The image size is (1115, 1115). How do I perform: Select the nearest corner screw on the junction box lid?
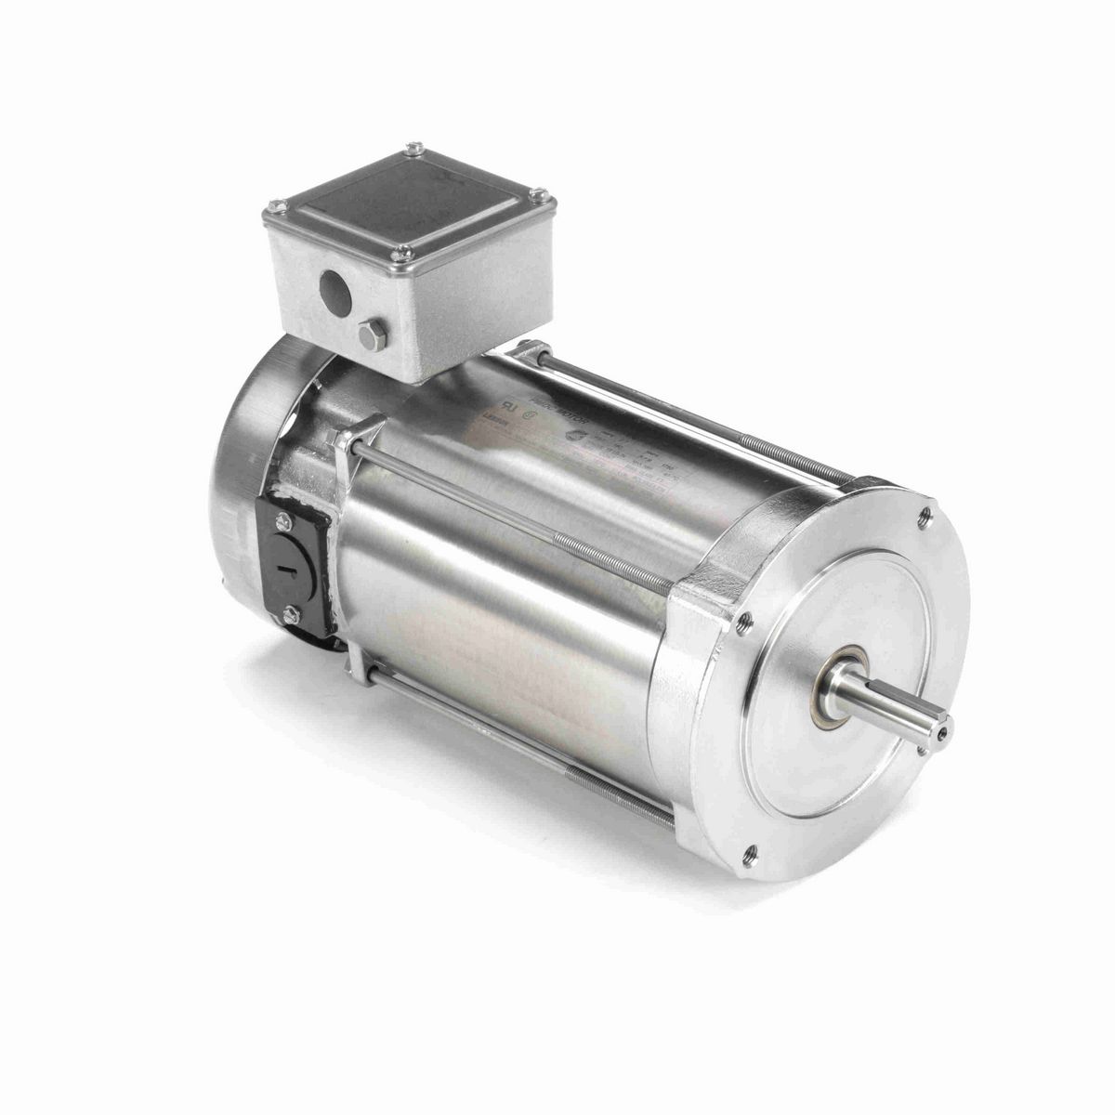pos(400,250)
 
